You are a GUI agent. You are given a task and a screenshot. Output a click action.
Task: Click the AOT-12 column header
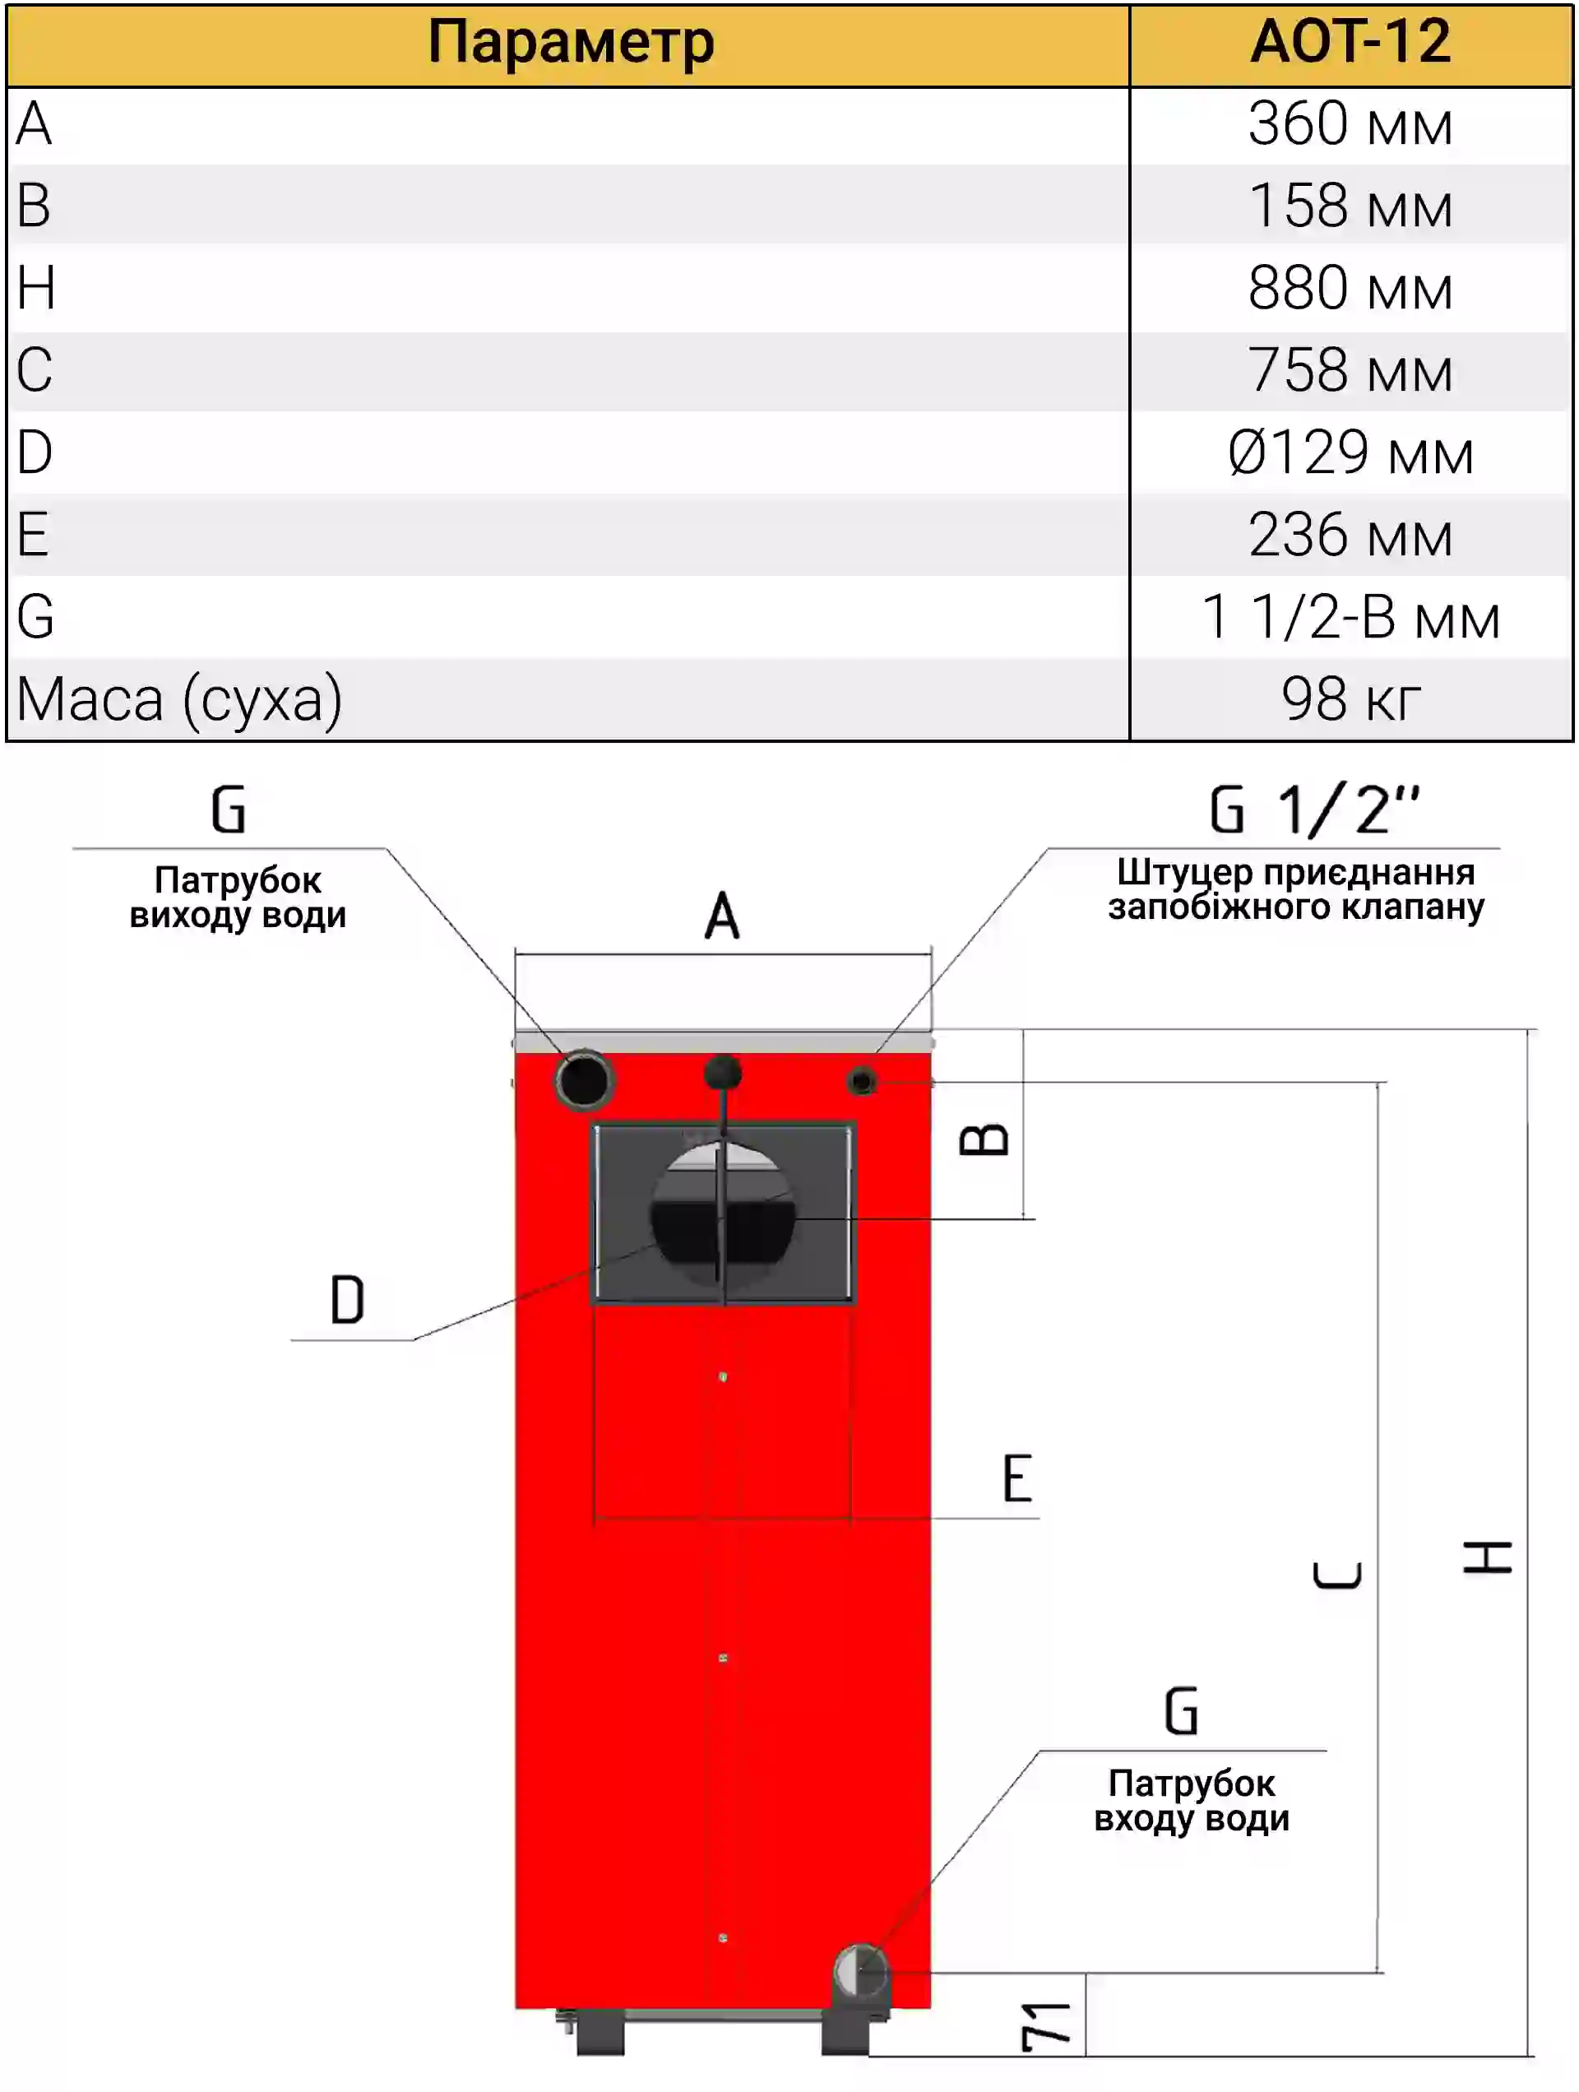click(x=1350, y=43)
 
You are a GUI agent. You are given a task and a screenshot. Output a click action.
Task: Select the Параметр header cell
click(x=569, y=43)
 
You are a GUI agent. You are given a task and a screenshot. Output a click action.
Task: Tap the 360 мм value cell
click(x=1350, y=124)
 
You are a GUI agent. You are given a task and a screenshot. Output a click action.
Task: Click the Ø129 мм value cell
click(x=1350, y=453)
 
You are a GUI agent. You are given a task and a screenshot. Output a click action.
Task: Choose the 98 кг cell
click(x=1350, y=700)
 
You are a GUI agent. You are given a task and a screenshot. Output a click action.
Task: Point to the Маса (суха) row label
click(x=179, y=700)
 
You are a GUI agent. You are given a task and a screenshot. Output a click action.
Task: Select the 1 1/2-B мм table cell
click(x=1350, y=618)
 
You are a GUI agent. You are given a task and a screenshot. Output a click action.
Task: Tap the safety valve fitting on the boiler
click(x=863, y=1080)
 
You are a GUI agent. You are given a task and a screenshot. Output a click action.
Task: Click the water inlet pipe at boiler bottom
click(x=859, y=1973)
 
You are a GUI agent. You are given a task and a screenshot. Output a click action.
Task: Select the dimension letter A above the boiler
click(x=722, y=915)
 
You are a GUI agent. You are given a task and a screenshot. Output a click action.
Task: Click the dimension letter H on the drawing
click(x=1487, y=1556)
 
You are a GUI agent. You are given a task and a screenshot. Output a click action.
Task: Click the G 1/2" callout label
click(x=1315, y=809)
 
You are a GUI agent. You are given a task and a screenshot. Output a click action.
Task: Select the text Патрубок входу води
click(x=1192, y=1801)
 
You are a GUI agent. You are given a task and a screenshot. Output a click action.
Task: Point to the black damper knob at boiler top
click(x=724, y=1073)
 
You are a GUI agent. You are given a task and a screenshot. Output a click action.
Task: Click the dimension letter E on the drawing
click(x=1017, y=1478)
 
